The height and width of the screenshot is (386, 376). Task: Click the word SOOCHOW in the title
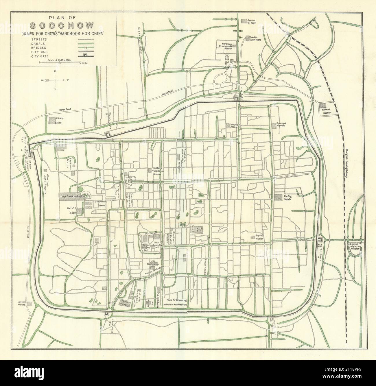pyautogui.click(x=62, y=26)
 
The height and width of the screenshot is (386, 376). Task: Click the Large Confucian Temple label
pyautogui.click(x=76, y=197)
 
